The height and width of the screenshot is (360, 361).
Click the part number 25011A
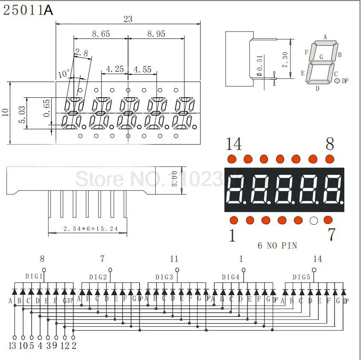(x=28, y=10)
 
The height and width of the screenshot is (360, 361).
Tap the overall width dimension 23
(x=128, y=19)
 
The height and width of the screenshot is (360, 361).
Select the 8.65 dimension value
(x=101, y=34)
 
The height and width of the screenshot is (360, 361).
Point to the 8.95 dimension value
(x=156, y=34)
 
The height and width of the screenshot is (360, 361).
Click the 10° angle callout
(x=64, y=74)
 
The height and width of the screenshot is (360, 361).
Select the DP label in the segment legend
(x=345, y=81)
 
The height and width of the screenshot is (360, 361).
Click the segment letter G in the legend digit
(x=321, y=56)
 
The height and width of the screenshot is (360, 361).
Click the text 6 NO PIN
(x=277, y=245)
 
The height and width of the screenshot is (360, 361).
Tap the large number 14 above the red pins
(x=233, y=144)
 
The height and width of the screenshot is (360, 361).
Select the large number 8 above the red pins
(x=329, y=144)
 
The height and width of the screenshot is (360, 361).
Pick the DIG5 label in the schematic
(x=301, y=277)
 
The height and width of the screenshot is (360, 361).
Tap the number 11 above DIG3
(x=174, y=258)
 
